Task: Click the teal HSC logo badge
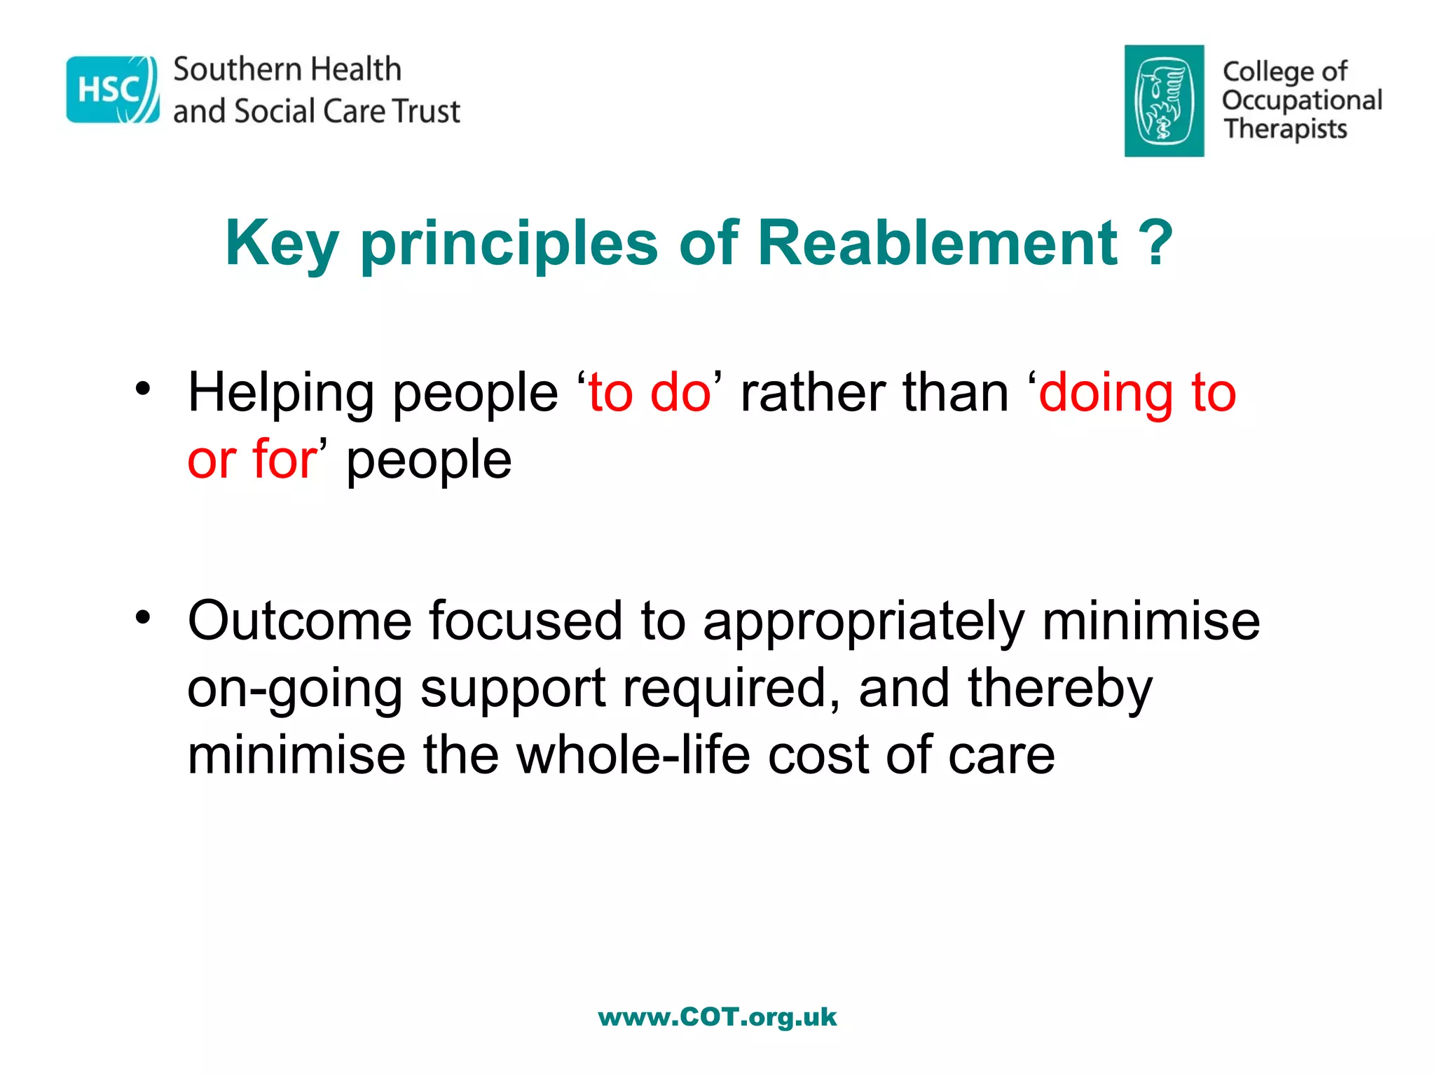pyautogui.click(x=112, y=90)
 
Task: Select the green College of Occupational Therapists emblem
pyautogui.click(x=1164, y=101)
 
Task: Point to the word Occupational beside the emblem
pyautogui.click(x=1302, y=101)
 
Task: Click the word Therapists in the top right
pyautogui.click(x=1285, y=130)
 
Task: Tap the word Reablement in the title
pyautogui.click(x=938, y=243)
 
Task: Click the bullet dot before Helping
pyautogui.click(x=143, y=389)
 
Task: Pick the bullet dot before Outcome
pyautogui.click(x=143, y=617)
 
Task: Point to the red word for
pyautogui.click(x=284, y=460)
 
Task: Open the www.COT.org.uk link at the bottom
pyautogui.click(x=717, y=1016)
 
